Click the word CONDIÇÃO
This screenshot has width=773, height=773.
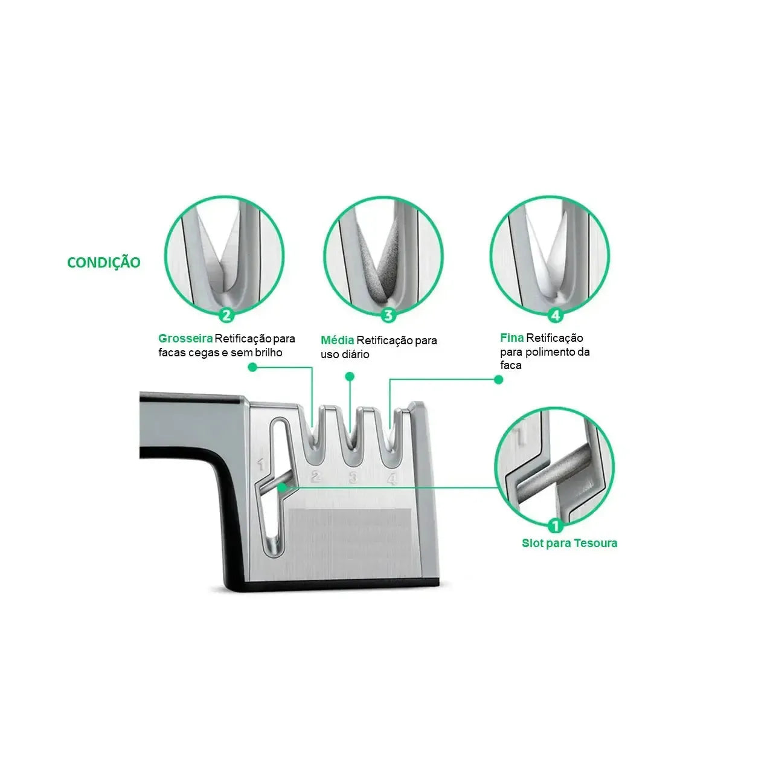tap(103, 262)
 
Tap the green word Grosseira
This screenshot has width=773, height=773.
tap(185, 338)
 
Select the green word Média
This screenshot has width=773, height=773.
tap(337, 340)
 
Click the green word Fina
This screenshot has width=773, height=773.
tap(512, 338)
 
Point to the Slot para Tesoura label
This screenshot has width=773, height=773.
tap(569, 543)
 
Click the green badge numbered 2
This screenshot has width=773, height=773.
tap(226, 315)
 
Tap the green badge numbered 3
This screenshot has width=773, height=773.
tap(388, 315)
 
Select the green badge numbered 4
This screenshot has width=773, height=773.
tap(555, 315)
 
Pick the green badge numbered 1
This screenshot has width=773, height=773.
tap(555, 525)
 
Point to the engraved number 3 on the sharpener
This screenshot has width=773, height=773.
tap(353, 477)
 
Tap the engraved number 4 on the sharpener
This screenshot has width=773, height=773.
tap(392, 478)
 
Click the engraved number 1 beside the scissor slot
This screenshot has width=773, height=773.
tap(261, 464)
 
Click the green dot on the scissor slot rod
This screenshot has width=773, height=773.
tap(283, 487)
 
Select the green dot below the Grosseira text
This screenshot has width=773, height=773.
tap(252, 367)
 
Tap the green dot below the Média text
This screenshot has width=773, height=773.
tap(350, 376)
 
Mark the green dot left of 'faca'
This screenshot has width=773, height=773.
tap(499, 379)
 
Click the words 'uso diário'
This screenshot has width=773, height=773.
tap(345, 354)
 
